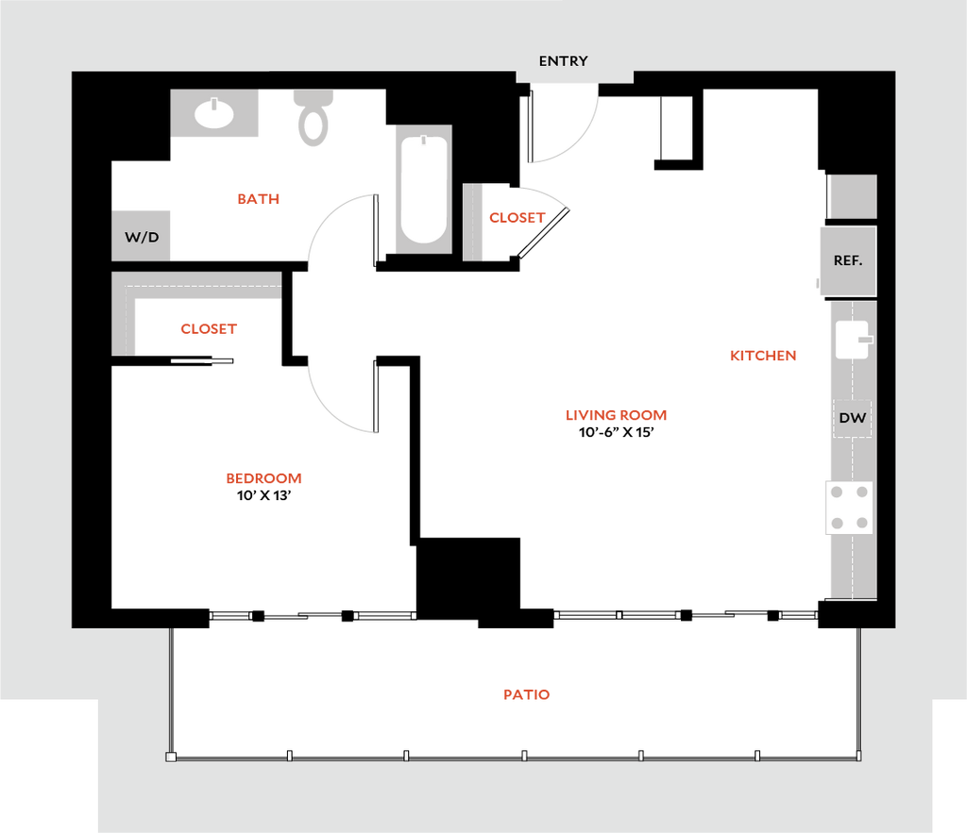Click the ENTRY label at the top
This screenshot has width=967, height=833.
[563, 61]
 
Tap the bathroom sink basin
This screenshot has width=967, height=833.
[213, 113]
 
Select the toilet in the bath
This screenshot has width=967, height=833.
[314, 118]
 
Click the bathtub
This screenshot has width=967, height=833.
[424, 190]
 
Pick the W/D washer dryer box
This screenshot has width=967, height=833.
[141, 236]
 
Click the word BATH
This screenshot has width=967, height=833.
[259, 199]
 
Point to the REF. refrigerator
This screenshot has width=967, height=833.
[848, 260]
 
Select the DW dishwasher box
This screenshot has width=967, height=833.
[853, 418]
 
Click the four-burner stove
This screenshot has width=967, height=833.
[849, 508]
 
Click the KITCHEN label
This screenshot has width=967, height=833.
[763, 356]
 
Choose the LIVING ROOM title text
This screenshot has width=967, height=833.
[616, 415]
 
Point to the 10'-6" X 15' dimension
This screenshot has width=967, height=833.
[616, 432]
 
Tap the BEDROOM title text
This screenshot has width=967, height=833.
[264, 478]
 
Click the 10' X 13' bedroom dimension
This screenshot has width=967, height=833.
[264, 495]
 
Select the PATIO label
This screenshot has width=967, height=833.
[527, 694]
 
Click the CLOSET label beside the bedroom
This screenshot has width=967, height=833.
[209, 329]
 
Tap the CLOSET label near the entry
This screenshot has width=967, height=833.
[517, 218]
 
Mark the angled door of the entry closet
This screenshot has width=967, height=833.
[543, 232]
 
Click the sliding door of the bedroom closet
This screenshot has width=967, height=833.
[202, 361]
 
